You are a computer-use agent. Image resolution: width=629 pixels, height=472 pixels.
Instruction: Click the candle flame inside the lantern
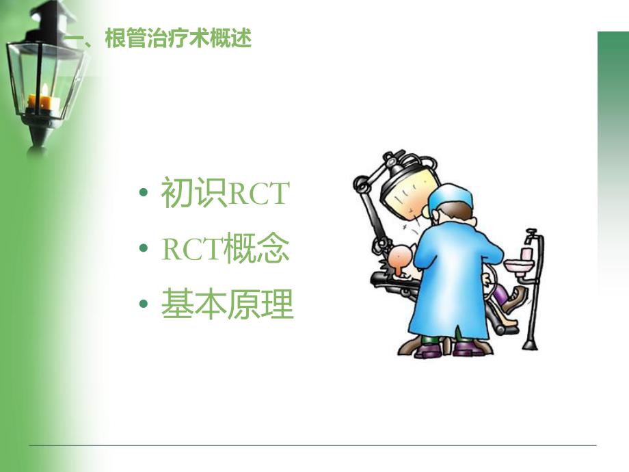pos(45,89)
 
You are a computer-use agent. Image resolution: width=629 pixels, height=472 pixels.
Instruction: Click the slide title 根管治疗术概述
pos(178,39)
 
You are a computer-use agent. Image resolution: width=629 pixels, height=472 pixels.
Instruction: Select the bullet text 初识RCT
pos(225,194)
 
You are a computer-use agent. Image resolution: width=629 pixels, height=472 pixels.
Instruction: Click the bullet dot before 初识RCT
pos(142,195)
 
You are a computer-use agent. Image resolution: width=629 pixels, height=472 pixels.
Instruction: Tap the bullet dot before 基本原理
pos(142,306)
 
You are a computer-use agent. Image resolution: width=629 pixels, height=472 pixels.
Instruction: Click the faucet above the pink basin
pos(530,239)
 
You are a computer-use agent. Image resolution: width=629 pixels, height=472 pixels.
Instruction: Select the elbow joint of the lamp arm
pos(360,183)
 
